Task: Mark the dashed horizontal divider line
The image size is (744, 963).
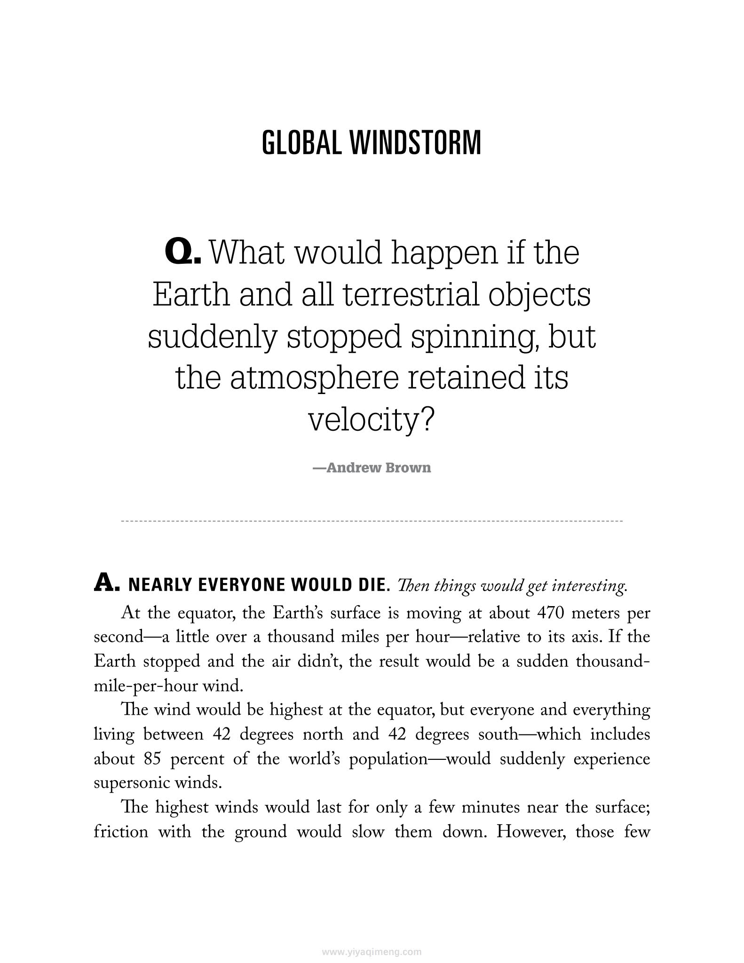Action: point(372,521)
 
